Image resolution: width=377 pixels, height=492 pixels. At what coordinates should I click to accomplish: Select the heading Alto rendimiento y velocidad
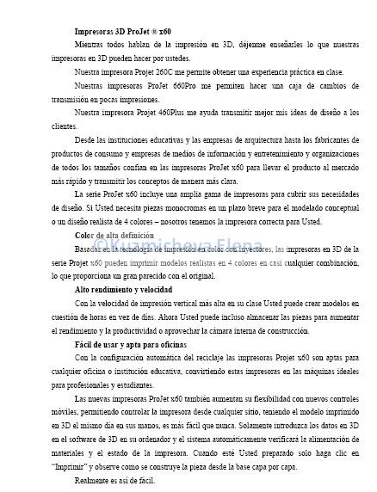123,290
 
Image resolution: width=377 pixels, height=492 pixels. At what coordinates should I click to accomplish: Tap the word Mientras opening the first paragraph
91,43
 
